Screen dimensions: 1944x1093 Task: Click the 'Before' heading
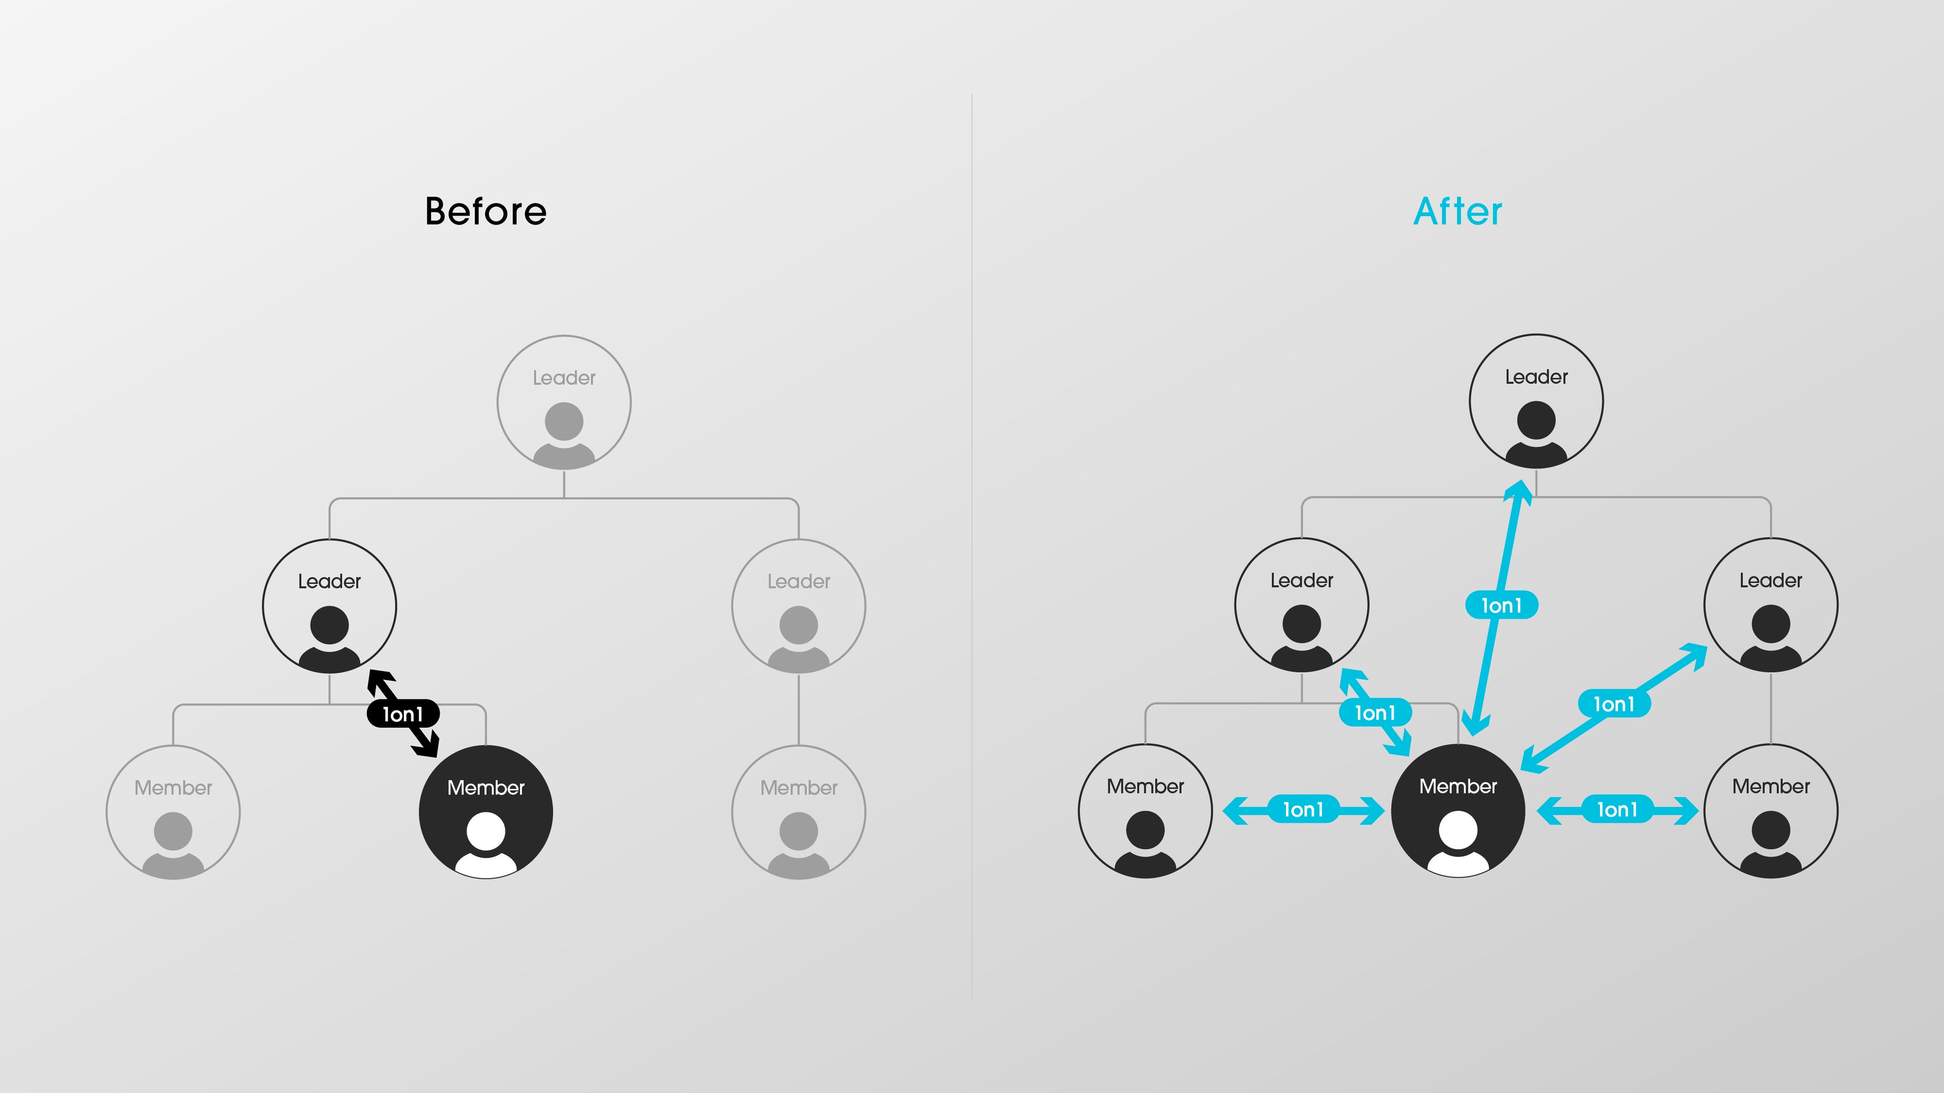485,211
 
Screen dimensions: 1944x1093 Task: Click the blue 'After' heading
1457,211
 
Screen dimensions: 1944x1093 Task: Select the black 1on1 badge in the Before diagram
403,713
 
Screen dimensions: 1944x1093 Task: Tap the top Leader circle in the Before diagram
564,402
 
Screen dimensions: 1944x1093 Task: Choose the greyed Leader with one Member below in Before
799,606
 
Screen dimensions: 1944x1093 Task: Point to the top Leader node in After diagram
1536,401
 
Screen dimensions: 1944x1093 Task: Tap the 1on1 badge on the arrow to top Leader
1501,605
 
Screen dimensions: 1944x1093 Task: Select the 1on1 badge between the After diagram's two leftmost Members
1303,810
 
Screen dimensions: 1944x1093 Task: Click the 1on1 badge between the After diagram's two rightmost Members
1617,810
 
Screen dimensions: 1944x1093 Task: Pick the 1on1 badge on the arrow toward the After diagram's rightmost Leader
1614,704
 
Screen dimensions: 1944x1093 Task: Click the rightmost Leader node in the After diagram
1771,604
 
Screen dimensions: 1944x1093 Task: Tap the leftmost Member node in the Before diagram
173,812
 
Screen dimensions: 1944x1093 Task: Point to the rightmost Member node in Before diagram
799,812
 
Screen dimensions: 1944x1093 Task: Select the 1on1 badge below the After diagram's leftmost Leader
1375,712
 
